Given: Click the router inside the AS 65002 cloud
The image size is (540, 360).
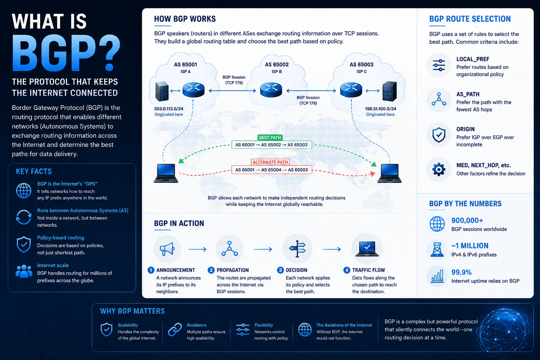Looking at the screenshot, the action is pyautogui.click(x=271, y=90).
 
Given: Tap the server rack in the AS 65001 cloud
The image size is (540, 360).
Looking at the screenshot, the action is pyautogui.click(x=162, y=91).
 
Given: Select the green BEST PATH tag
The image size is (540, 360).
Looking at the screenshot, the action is pyautogui.click(x=270, y=137).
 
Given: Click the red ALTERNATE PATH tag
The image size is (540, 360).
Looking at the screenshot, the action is pyautogui.click(x=270, y=162).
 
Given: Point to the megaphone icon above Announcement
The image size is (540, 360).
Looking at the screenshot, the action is pyautogui.click(x=167, y=249).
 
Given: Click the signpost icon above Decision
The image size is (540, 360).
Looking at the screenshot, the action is pyautogui.click(x=298, y=249).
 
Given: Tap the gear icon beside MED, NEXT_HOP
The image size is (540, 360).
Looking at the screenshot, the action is pyautogui.click(x=439, y=170).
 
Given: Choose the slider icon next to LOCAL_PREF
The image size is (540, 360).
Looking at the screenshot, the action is pyautogui.click(x=439, y=65).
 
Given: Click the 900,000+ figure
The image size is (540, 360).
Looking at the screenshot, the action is pyautogui.click(x=467, y=220).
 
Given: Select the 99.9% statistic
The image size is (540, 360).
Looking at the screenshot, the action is pyautogui.click(x=462, y=272).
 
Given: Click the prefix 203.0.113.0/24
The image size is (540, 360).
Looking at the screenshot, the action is pyautogui.click(x=169, y=109).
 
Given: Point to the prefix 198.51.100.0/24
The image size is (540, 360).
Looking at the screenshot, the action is pyautogui.click(x=380, y=109).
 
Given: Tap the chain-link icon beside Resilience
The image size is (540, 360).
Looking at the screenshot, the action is pyautogui.click(x=175, y=329).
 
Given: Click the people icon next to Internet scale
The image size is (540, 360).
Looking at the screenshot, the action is pyautogui.click(x=24, y=271).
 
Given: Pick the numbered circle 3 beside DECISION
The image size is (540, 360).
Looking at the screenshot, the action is pyautogui.click(x=280, y=270).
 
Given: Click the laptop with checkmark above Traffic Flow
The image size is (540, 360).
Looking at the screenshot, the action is pyautogui.click(x=367, y=249).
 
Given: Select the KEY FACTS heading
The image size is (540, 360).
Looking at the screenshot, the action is pyautogui.click(x=34, y=171).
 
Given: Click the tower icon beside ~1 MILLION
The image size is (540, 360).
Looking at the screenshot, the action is pyautogui.click(x=437, y=250).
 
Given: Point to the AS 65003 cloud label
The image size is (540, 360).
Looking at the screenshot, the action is pyautogui.click(x=361, y=65).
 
